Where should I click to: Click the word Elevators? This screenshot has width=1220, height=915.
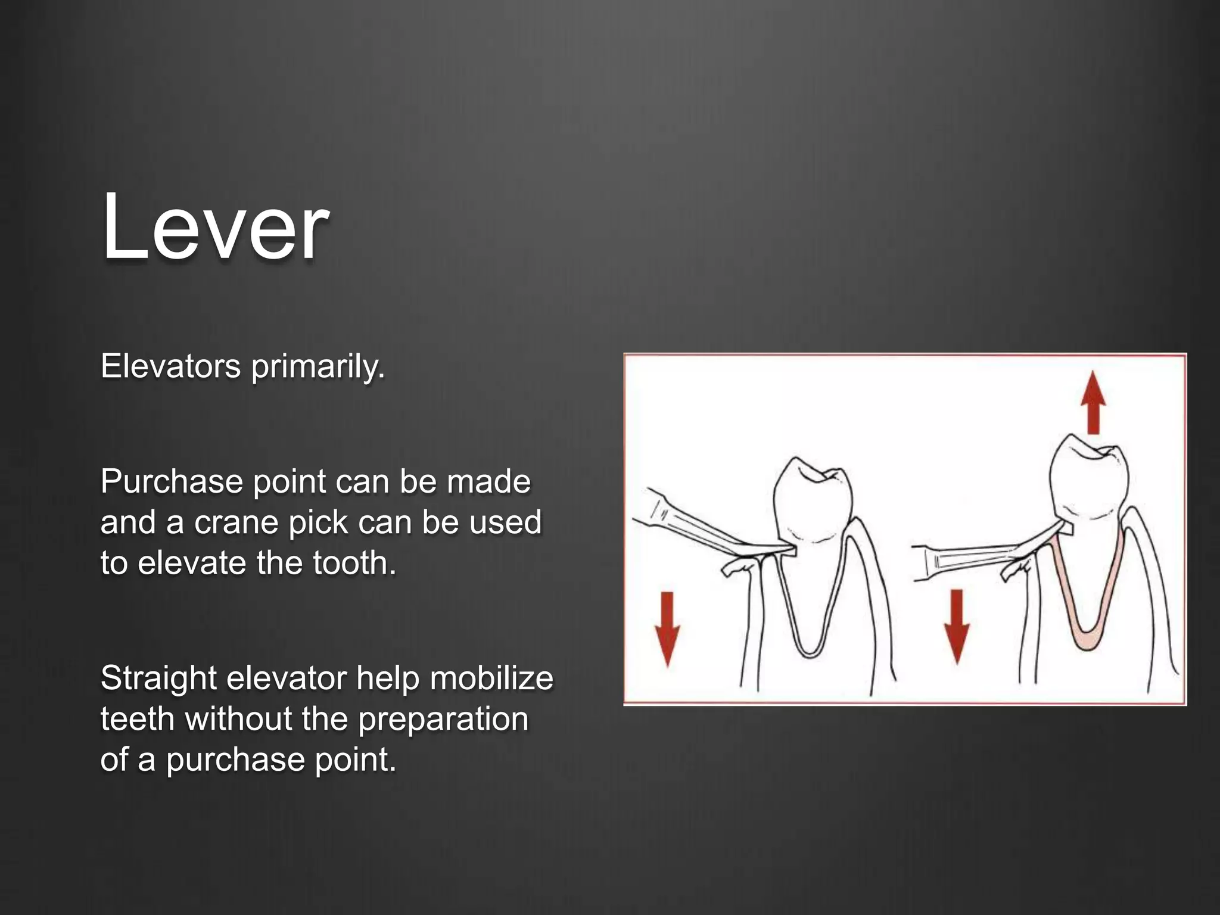pos(170,366)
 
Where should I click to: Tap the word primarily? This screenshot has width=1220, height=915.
pos(318,367)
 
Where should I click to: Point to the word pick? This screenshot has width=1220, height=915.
pos(318,523)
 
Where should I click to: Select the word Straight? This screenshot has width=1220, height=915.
pos(157,678)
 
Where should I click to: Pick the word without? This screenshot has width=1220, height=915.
pos(238,718)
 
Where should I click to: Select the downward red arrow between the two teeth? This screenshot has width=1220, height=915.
pos(957,625)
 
